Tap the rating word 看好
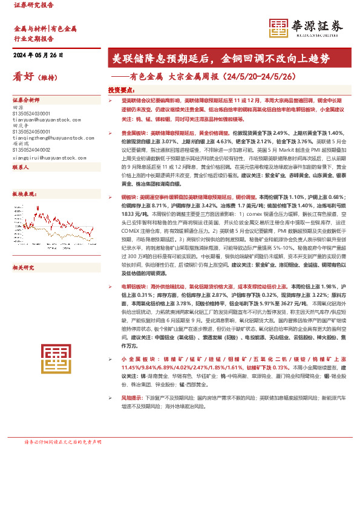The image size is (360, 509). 23,77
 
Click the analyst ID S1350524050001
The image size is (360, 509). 35,131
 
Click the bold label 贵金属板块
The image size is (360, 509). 134,132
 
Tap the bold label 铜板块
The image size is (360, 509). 130,197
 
